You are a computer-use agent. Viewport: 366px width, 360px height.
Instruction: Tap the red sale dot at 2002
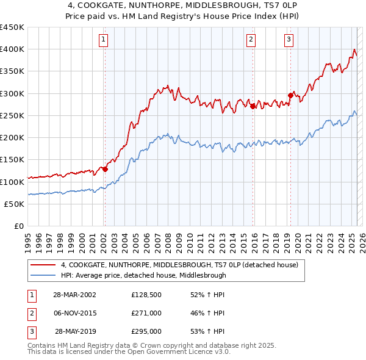pyautogui.click(x=105, y=169)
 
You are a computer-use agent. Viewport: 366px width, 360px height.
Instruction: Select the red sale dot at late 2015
pyautogui.click(x=253, y=106)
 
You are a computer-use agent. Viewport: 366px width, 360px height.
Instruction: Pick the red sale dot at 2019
pyautogui.click(x=290, y=95)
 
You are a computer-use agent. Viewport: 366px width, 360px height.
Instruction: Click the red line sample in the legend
pyautogui.click(x=43, y=265)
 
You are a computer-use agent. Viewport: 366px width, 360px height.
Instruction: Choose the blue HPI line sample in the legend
pyautogui.click(x=43, y=275)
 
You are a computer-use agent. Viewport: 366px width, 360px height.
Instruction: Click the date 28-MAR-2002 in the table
pyautogui.click(x=74, y=295)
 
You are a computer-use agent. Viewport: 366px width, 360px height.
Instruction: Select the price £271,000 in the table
pyautogui.click(x=146, y=313)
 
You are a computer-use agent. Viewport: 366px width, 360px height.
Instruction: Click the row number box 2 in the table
pyautogui.click(x=30, y=313)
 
